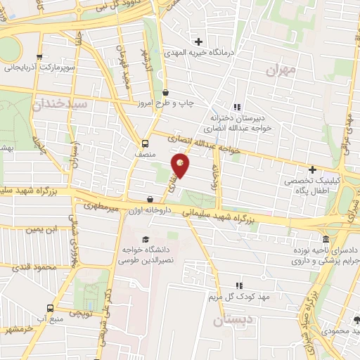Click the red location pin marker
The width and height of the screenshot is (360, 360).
181,166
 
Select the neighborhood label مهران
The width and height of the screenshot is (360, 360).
283,71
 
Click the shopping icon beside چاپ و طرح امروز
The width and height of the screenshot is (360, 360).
166,92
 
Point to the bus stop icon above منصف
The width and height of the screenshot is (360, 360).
146,139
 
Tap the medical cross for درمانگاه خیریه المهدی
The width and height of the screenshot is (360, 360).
198,41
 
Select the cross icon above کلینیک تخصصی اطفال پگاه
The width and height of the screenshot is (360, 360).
312,169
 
